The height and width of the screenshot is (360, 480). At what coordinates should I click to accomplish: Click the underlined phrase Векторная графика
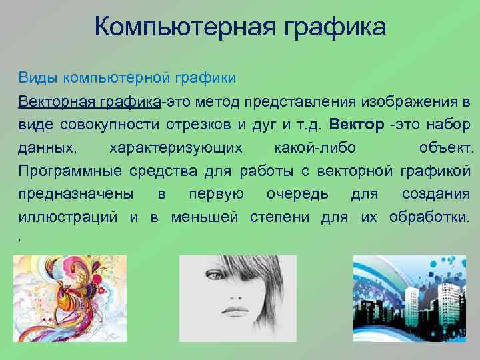coord(89,102)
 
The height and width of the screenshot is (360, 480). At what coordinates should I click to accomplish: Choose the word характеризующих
coord(176,147)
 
